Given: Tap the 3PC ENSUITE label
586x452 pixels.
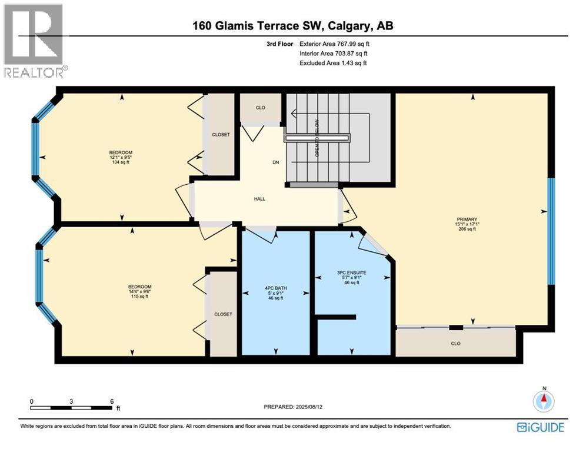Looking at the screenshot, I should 351,272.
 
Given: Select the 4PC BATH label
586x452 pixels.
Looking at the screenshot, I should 275,288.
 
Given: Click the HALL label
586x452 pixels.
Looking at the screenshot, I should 259,199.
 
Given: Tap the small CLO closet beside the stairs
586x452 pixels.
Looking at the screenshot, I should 260,108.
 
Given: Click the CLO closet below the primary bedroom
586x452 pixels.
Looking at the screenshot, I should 455,343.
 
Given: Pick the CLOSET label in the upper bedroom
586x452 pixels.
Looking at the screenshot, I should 221,135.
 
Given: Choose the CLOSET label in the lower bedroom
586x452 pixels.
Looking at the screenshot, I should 223,314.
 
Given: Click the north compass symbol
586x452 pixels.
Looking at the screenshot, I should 544,401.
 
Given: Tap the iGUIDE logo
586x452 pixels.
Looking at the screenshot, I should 540,427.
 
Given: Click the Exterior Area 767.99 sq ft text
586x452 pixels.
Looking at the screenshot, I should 334,44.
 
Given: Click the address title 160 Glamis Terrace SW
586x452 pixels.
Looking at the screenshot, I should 292,26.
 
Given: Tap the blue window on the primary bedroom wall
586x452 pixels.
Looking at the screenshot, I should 551,231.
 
